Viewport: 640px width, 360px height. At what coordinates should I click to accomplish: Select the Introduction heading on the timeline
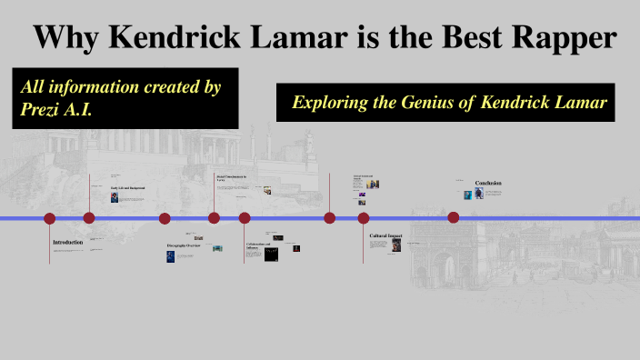[x=67, y=242]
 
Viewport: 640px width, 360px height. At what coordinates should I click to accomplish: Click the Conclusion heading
[x=487, y=184]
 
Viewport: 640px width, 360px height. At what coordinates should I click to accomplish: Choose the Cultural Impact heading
[x=385, y=235]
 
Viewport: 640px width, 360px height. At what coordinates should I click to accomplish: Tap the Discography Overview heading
[x=182, y=246]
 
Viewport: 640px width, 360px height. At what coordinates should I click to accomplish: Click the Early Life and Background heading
[x=127, y=188]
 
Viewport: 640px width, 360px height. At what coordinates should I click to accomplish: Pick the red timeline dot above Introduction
[x=50, y=218]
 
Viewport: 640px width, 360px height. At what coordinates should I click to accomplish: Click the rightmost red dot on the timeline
[x=453, y=217]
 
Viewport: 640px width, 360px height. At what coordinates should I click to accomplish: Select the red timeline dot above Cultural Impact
[x=364, y=218]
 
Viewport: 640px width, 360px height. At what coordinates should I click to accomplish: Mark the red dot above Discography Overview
[x=165, y=218]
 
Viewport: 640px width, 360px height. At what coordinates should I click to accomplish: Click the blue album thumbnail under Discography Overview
[x=170, y=257]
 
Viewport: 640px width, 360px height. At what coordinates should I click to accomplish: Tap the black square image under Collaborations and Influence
[x=270, y=255]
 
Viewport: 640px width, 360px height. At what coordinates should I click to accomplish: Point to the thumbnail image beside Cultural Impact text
[x=395, y=245]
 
